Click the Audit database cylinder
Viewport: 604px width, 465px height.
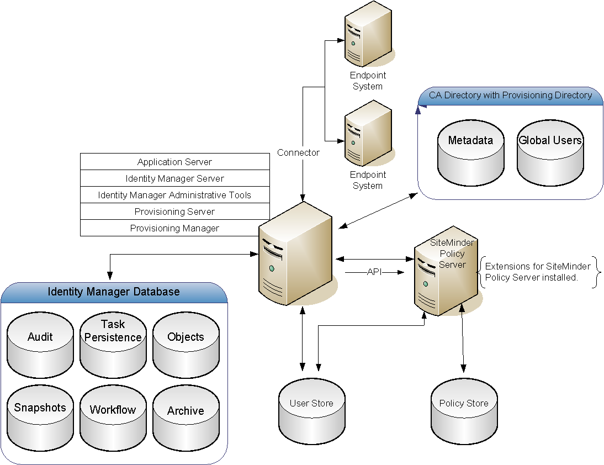tap(40, 345)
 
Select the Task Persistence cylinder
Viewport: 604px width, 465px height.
tap(113, 345)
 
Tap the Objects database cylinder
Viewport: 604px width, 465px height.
tap(186, 345)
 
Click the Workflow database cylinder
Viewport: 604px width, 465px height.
tap(113, 418)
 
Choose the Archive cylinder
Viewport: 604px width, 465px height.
tap(186, 418)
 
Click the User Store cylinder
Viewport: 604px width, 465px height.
tap(312, 411)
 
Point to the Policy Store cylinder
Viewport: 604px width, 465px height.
tap(464, 411)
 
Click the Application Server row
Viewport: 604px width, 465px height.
tap(174, 162)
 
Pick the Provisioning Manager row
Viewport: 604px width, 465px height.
tap(174, 228)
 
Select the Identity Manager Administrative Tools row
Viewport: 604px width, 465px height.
tap(174, 195)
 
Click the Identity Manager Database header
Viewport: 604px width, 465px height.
tap(114, 292)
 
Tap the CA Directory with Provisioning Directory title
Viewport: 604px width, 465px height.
tap(510, 96)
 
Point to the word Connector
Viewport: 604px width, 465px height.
tap(298, 152)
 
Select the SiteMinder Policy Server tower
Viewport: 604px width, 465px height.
tap(444, 273)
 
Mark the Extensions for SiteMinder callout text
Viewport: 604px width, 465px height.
tap(537, 272)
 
